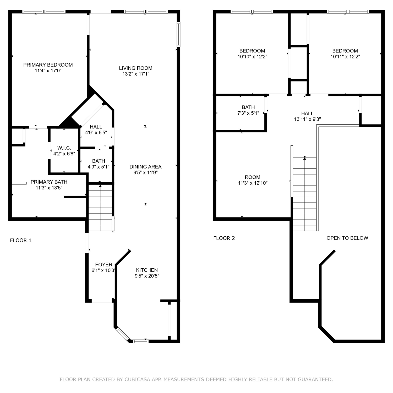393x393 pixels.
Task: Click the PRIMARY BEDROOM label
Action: click(48, 65)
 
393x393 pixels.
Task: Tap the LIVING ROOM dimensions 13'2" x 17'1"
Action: click(136, 74)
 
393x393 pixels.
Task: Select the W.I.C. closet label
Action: click(64, 148)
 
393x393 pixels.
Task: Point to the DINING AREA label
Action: click(145, 167)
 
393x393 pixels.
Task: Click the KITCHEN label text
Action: click(147, 270)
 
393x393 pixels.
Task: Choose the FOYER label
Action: click(104, 265)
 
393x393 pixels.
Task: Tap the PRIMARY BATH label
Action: click(49, 182)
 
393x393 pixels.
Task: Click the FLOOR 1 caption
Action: click(21, 241)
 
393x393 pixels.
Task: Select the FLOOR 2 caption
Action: click(224, 238)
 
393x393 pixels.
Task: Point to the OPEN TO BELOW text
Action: click(347, 238)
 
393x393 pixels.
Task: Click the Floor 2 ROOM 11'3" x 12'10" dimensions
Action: click(253, 183)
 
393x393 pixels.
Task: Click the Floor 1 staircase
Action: click(101, 208)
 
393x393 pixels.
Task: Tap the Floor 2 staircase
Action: click(305, 194)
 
